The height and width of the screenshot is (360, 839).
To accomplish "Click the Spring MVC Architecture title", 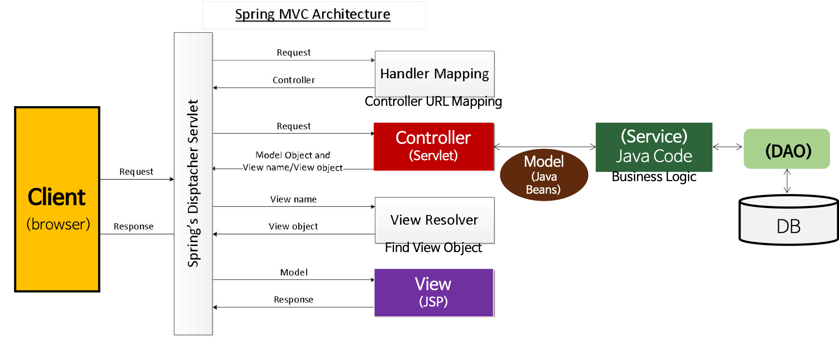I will coord(313,14).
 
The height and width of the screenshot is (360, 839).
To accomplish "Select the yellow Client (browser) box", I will coord(57,199).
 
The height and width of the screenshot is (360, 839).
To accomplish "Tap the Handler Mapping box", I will coord(434,74).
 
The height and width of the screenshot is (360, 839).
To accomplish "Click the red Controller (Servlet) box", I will coord(434,146).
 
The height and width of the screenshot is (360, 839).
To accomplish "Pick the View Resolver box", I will coord(434,220).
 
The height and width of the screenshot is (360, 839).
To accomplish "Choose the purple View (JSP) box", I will coord(434,293).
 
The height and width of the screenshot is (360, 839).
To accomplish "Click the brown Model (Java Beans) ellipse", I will coord(544,175).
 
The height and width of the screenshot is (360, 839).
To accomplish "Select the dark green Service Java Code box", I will coord(654,147).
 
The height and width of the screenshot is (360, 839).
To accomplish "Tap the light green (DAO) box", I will coord(787,149).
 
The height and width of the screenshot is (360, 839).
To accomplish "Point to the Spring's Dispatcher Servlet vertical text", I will coord(193,183).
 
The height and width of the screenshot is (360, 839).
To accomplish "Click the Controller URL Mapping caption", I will coord(433,101).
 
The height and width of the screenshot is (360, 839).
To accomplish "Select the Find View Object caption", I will coord(433,248).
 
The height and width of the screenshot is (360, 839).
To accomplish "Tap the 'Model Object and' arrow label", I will coord(293,155).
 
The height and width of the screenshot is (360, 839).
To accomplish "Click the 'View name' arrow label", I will coord(293,199).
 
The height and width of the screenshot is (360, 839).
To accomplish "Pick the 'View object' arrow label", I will coord(293,226).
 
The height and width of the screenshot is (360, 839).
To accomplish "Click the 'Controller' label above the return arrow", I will coord(293,80).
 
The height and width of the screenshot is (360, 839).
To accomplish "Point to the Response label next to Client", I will coord(133,226).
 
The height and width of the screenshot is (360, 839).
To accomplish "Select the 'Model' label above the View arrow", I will coord(293,273).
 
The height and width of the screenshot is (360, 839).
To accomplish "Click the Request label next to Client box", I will coord(136,172).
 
